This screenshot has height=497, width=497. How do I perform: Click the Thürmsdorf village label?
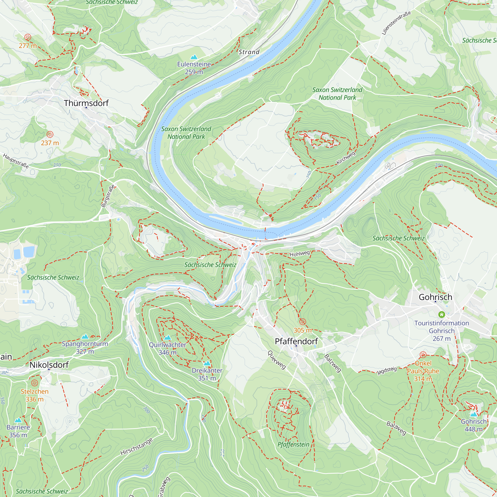click(86, 103)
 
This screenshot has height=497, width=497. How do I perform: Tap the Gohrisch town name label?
click(435, 297)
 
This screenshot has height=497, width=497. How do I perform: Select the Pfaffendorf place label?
click(296, 341)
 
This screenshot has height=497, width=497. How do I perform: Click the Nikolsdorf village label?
click(49, 365)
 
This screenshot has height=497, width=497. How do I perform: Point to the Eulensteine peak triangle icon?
click(194, 57)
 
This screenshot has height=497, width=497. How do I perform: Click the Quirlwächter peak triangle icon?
click(167, 337)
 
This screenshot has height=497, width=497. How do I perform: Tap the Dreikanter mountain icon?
click(207, 363)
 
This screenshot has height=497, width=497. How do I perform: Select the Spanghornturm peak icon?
click(85, 336)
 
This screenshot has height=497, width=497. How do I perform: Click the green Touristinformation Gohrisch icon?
click(441, 314)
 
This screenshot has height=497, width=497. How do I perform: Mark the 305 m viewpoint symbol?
click(302, 322)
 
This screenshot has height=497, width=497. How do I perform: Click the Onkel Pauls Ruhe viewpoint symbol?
click(423, 355)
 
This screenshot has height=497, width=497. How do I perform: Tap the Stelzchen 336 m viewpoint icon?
click(35, 383)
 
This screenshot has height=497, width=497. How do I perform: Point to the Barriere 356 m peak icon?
click(18, 420)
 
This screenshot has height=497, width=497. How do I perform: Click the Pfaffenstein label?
click(293, 445)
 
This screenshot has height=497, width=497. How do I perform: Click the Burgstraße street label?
click(108, 196)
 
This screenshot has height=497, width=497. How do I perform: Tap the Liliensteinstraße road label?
click(396, 23)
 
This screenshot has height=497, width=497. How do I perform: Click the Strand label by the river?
click(249, 52)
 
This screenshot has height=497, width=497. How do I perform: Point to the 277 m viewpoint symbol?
click(28, 37)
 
